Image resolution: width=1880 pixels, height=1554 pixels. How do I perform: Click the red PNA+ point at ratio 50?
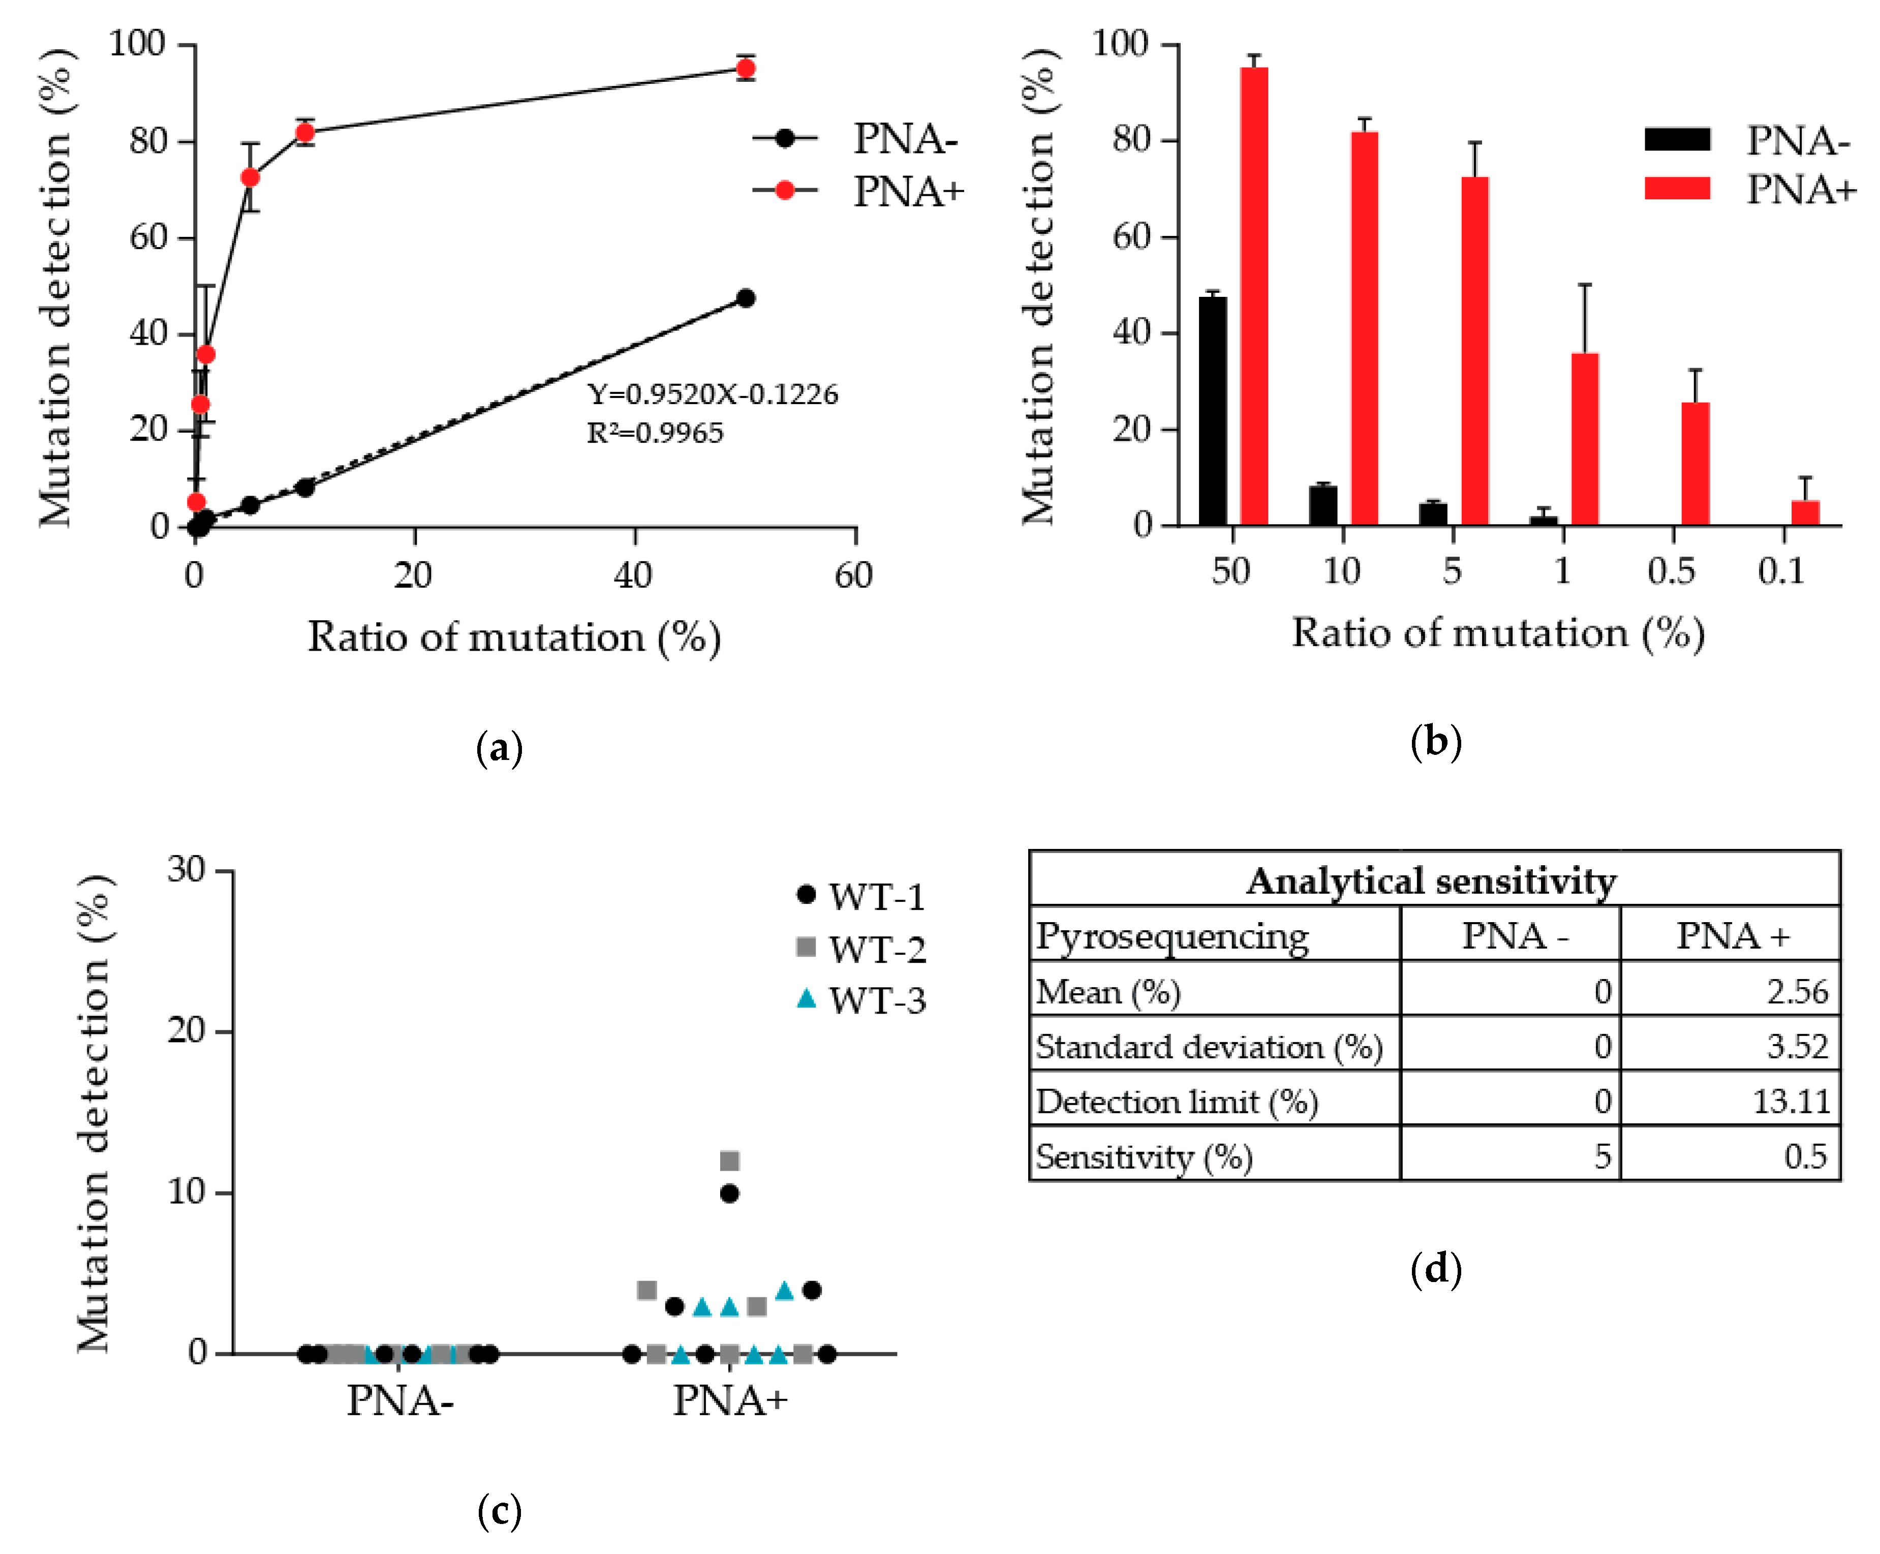pyautogui.click(x=746, y=69)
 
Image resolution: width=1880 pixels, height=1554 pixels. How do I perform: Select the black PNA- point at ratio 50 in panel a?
pyautogui.click(x=746, y=298)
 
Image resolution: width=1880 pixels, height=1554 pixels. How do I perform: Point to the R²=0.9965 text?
pyautogui.click(x=655, y=433)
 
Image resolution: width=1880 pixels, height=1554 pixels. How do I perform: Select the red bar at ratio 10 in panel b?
pyautogui.click(x=1364, y=328)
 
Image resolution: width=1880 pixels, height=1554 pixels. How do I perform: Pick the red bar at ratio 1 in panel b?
pyautogui.click(x=1585, y=439)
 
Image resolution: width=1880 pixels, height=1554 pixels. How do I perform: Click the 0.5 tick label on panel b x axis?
pyautogui.click(x=1671, y=571)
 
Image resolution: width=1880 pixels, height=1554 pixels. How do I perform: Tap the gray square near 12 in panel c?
pyautogui.click(x=729, y=1161)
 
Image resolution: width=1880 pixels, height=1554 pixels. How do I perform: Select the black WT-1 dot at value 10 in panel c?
pyautogui.click(x=729, y=1193)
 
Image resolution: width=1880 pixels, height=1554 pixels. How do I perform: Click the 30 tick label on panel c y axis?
pyautogui.click(x=186, y=869)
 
